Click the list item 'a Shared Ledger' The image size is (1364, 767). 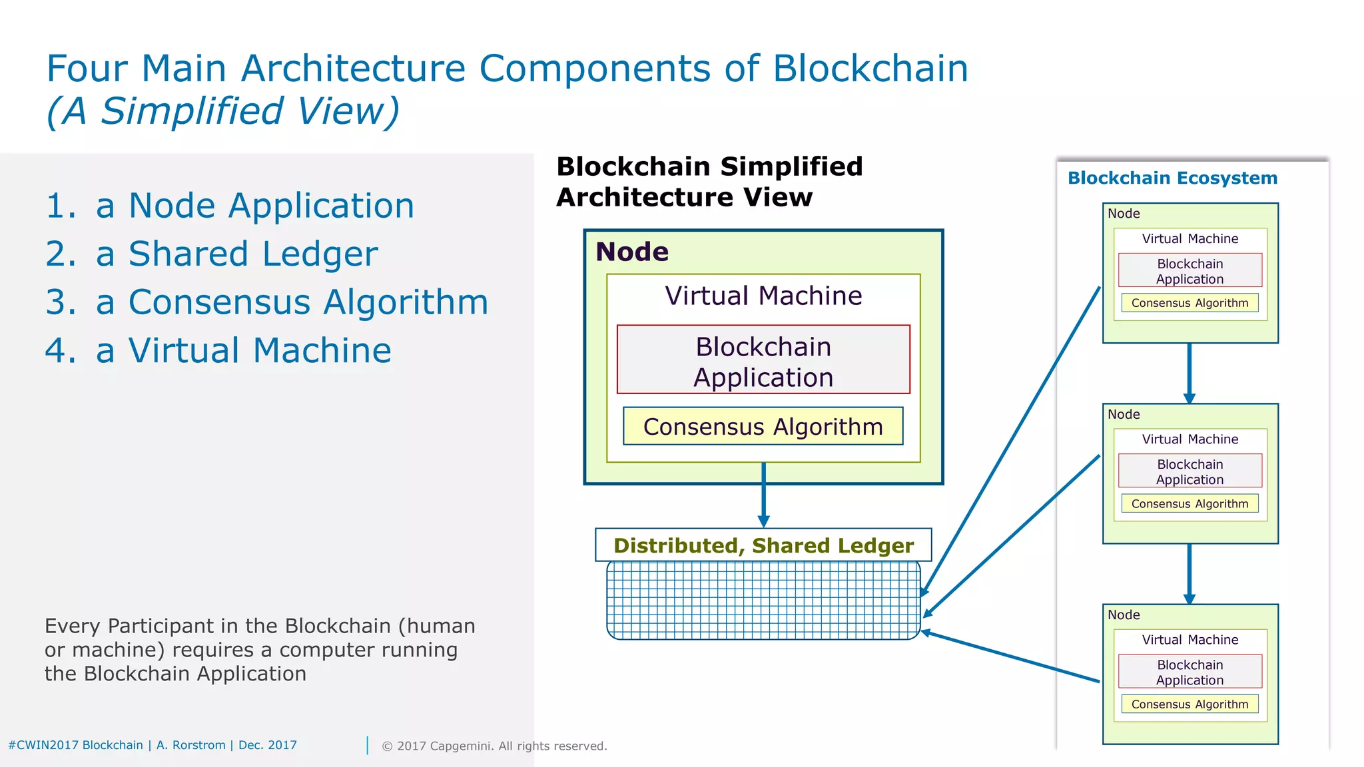coord(236,254)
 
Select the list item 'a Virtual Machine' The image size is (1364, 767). coord(243,351)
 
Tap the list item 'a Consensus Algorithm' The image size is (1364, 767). coord(292,302)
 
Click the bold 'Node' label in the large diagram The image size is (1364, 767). coord(632,252)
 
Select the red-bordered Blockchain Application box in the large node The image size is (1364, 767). coord(763,360)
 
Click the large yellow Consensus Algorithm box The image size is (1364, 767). coord(763,427)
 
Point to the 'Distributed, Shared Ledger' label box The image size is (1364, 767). coord(763,545)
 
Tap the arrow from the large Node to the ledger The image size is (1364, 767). coord(763,496)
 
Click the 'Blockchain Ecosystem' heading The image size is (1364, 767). coord(1172,178)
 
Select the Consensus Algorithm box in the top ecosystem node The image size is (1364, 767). coord(1190,303)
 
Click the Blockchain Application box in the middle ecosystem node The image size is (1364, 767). coord(1190,471)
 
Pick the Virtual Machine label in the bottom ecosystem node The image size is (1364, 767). coord(1190,640)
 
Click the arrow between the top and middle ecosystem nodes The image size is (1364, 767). coord(1190,373)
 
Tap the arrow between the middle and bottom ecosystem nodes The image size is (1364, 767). coord(1190,573)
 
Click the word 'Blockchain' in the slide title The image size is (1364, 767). coord(870,69)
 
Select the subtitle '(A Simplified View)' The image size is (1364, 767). coord(223,111)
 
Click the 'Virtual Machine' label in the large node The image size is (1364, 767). coord(763,296)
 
